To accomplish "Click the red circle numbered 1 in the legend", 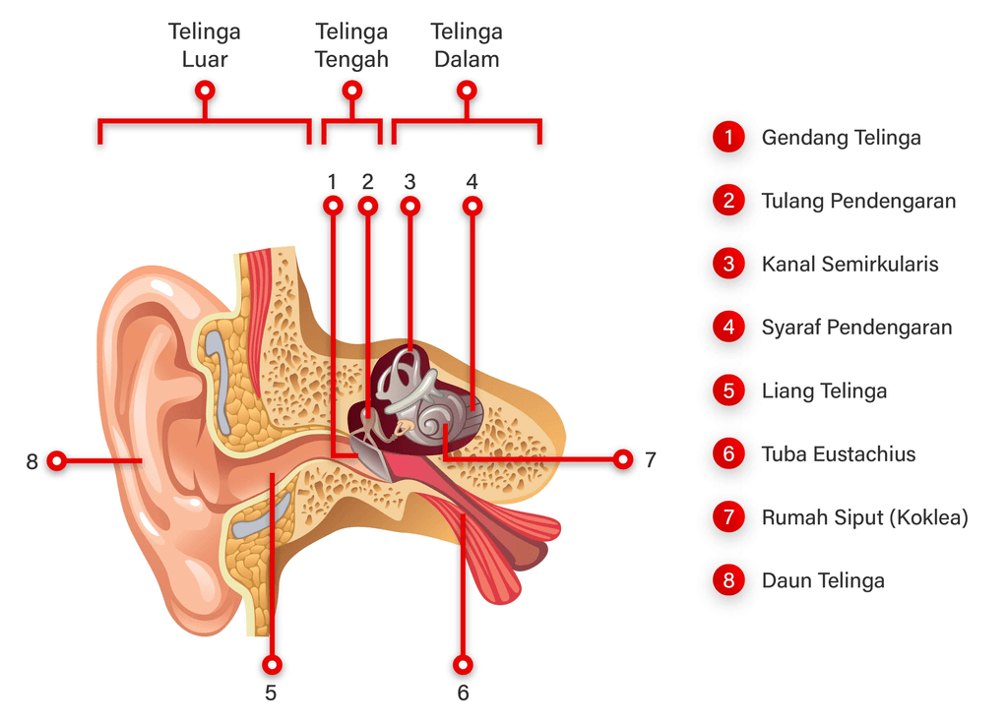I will (x=728, y=138).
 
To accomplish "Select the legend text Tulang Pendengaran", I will (x=858, y=201).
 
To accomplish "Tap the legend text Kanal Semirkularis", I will (x=850, y=264).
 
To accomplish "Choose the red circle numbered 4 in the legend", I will (x=728, y=328).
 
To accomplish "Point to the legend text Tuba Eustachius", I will (x=838, y=454).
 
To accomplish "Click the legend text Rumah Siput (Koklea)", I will (x=864, y=517).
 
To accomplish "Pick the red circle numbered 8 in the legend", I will (x=728, y=580).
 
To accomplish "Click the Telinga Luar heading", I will (x=205, y=45).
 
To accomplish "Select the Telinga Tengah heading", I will (x=351, y=45).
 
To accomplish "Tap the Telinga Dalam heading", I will (x=467, y=45).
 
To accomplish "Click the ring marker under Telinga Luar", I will (x=205, y=90).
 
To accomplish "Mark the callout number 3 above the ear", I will (x=410, y=181).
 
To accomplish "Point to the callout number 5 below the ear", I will (x=271, y=692).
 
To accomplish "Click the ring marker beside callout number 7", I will (x=622, y=458).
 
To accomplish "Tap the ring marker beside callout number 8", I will (x=57, y=460).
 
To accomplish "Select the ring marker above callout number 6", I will (x=463, y=665).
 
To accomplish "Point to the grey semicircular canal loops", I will (x=404, y=379).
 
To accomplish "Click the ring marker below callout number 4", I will (x=472, y=207).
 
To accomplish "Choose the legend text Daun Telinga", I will (x=822, y=580).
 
